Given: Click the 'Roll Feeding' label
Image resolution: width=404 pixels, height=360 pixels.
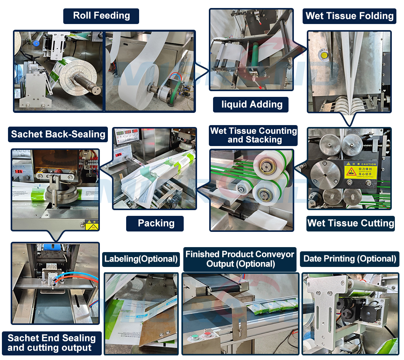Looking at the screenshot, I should click(x=101, y=16).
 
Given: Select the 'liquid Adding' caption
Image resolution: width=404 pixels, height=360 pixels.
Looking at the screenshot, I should click(x=252, y=104).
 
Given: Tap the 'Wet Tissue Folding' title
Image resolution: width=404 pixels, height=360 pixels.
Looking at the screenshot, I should click(x=349, y=16).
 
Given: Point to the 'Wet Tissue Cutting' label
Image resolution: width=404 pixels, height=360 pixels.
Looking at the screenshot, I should click(x=351, y=223).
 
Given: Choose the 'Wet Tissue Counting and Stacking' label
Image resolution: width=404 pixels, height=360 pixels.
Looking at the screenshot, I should click(x=253, y=135).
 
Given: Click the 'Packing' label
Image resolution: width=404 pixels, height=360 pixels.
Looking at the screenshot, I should click(x=156, y=223).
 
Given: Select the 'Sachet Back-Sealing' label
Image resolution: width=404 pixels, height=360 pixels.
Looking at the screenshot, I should click(x=58, y=134).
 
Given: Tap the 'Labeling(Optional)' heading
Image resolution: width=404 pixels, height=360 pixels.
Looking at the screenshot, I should click(x=141, y=259).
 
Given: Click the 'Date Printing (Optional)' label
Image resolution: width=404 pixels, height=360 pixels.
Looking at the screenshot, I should click(x=349, y=259).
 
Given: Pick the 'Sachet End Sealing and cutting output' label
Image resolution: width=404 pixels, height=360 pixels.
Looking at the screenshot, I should click(x=51, y=343).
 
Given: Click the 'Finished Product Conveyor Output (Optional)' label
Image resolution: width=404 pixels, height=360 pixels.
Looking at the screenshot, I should click(x=240, y=259).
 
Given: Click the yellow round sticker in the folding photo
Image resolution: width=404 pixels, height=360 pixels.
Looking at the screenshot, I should click(x=325, y=56).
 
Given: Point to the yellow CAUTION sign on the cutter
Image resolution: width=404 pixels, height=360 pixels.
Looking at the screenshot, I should click(x=360, y=170).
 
